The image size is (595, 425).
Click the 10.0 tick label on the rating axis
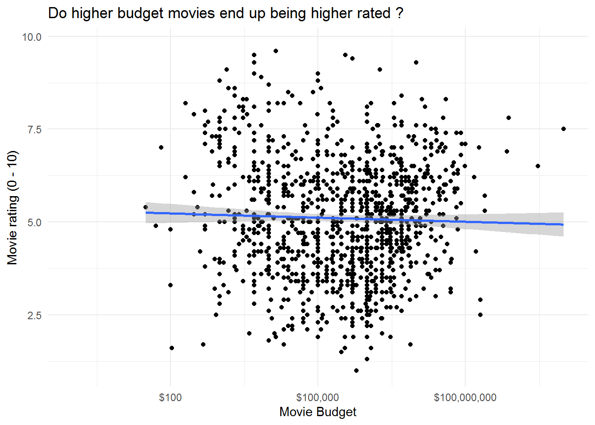pyautogui.click(x=31, y=37)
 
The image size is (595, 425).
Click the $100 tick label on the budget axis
pyautogui.click(x=170, y=398)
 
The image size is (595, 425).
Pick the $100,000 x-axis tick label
pyautogui.click(x=317, y=398)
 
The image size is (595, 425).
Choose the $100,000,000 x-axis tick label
pyautogui.click(x=465, y=398)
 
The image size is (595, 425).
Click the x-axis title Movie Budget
pyautogui.click(x=317, y=412)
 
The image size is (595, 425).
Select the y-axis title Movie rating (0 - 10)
pyautogui.click(x=12, y=208)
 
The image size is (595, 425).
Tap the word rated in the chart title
pyautogui.click(x=369, y=13)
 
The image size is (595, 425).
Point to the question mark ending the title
pyautogui.click(x=400, y=13)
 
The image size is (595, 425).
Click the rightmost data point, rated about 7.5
pyautogui.click(x=564, y=129)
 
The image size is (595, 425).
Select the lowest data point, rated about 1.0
pyautogui.click(x=356, y=371)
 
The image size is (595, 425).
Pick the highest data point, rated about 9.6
pyautogui.click(x=276, y=51)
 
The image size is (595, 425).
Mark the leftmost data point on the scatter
pyautogui.click(x=146, y=207)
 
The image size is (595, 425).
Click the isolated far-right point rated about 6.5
pyautogui.click(x=538, y=166)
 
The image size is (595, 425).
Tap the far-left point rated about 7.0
pyautogui.click(x=161, y=147)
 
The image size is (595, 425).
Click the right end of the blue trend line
pyautogui.click(x=563, y=224)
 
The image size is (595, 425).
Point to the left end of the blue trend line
pyautogui.click(x=146, y=212)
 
